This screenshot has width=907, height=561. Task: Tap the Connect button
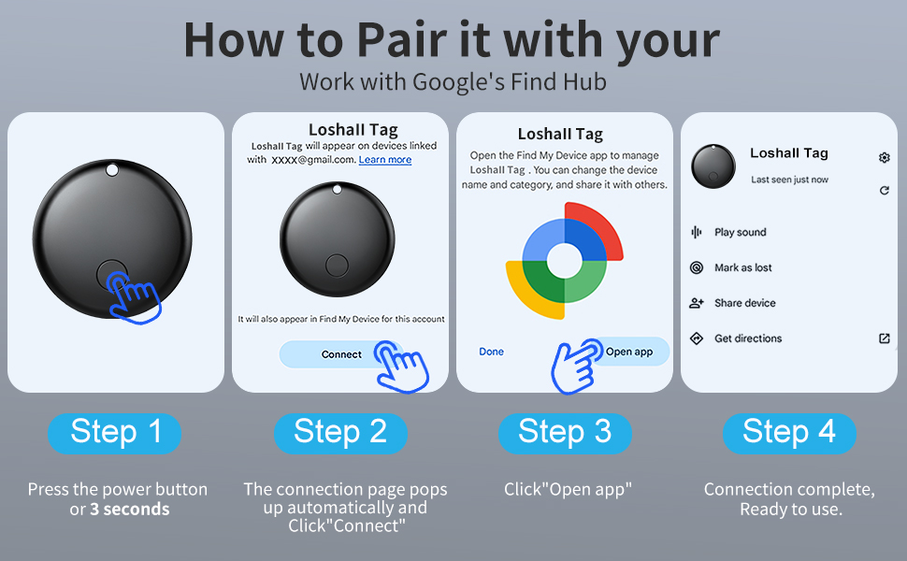(341, 354)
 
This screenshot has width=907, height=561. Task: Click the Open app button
(628, 351)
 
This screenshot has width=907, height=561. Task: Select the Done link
(491, 352)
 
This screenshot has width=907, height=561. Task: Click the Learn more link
(384, 160)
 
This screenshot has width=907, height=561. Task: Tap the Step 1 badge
(114, 433)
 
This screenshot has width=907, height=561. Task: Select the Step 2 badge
(340, 433)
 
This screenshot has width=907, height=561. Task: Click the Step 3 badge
(565, 433)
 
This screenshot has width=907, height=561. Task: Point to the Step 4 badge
(789, 433)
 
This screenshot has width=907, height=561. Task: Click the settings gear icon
(884, 157)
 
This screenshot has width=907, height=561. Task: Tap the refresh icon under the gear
(884, 191)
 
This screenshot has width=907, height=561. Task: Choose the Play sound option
(740, 232)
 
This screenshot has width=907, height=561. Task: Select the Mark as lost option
(742, 267)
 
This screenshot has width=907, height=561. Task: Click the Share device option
(744, 303)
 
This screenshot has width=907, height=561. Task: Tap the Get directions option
(748, 338)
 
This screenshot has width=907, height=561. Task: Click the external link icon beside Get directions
(884, 338)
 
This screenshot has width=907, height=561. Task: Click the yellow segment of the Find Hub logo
(529, 295)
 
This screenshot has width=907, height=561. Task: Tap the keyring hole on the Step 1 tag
(112, 170)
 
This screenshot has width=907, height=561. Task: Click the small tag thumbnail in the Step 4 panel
(713, 166)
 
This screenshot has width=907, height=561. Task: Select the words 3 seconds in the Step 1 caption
(130, 510)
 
